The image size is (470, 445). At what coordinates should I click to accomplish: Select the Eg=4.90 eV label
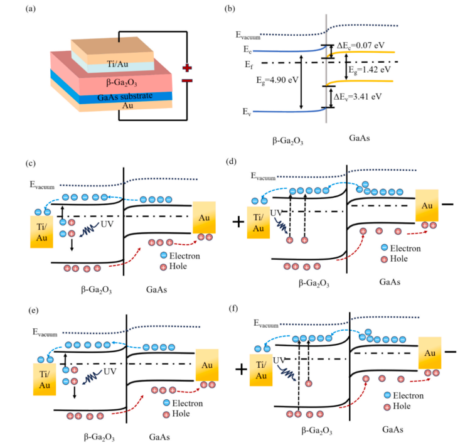278,80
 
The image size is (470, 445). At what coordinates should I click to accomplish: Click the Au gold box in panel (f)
430,354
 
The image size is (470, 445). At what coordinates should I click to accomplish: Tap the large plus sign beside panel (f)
240,368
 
